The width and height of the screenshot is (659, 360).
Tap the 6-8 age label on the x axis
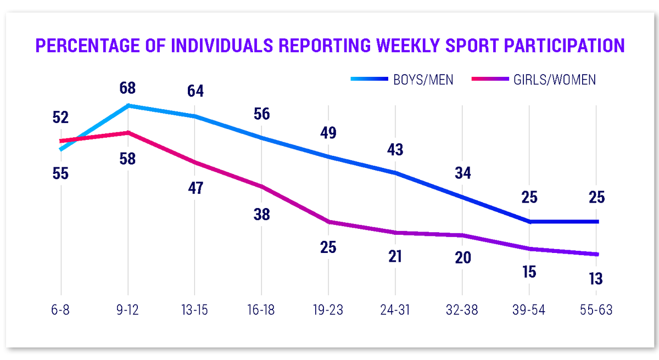tap(60, 310)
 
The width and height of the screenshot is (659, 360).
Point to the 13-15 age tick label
tap(194, 310)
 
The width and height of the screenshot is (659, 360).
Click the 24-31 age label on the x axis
tap(395, 310)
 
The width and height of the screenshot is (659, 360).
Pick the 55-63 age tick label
tap(596, 310)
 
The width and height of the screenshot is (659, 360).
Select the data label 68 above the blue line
tap(127, 88)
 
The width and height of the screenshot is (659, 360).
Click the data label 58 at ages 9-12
tap(127, 159)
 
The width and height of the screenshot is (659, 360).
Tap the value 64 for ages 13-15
tap(194, 91)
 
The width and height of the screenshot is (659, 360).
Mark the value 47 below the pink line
tap(194, 189)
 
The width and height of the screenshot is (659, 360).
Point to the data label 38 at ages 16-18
tap(261, 215)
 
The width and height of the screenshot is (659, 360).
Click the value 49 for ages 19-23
tap(328, 133)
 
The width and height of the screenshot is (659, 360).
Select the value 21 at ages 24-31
tap(395, 256)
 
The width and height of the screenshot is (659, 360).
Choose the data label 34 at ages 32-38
tap(462, 173)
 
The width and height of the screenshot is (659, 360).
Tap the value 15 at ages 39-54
tap(529, 272)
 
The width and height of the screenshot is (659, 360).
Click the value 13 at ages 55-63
tap(596, 278)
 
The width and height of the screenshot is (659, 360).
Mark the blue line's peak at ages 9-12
tap(128, 105)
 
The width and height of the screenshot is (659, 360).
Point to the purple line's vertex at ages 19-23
tap(328, 222)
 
